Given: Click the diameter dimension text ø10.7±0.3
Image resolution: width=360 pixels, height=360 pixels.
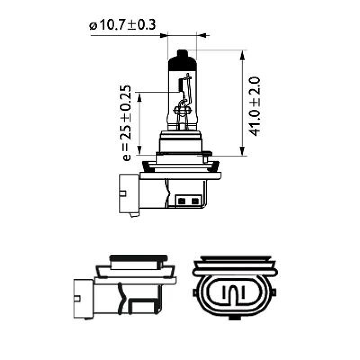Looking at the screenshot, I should [123, 25].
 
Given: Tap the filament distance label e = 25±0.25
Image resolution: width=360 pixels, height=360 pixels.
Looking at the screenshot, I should [127, 122].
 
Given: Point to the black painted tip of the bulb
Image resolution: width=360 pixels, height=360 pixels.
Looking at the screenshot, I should [182, 59].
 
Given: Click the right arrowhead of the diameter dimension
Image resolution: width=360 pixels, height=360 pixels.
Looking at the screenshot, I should [201, 35].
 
